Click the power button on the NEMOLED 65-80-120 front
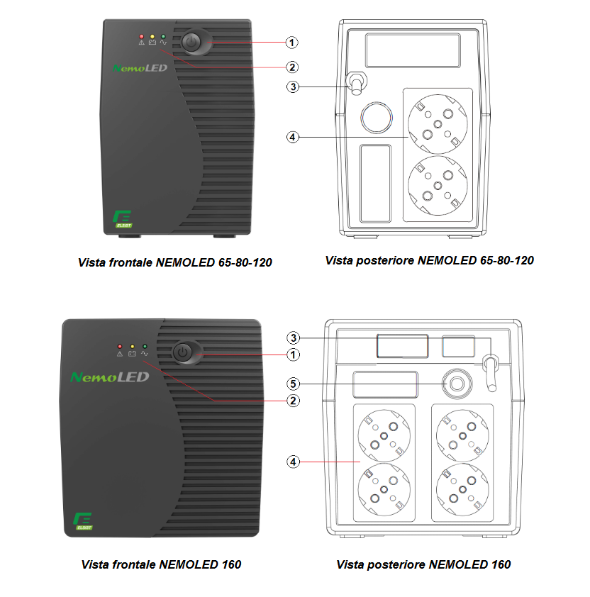click(191, 43)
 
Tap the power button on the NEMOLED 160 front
click(184, 352)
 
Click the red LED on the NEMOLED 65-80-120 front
click(142, 35)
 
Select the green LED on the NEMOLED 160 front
click(144, 346)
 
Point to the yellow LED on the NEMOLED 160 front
click(132, 346)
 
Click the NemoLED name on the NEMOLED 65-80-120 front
click(140, 68)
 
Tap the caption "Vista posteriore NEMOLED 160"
click(423, 564)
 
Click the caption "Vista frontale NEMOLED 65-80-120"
click(175, 262)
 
